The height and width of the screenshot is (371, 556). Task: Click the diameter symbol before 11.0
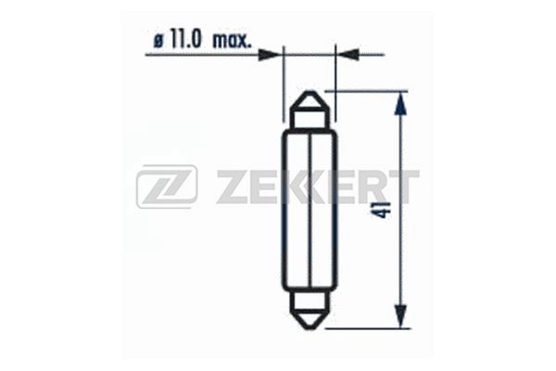click(x=158, y=42)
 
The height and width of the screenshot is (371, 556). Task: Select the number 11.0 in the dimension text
click(x=185, y=39)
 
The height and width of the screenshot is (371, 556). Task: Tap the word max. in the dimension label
click(x=232, y=40)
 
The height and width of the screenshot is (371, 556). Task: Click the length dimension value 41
click(x=385, y=210)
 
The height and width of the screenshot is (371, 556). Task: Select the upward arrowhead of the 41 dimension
click(x=400, y=103)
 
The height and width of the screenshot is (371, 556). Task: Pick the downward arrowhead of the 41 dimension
click(x=400, y=316)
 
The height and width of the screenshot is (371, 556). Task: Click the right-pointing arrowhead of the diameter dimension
click(x=271, y=55)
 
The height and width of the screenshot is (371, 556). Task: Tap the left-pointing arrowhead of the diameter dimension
click(x=347, y=55)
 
